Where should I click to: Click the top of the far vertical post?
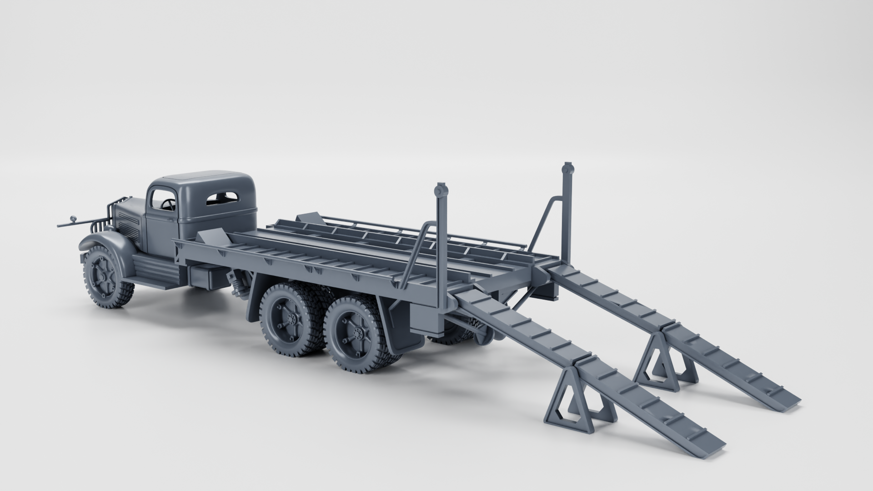(x=567, y=168)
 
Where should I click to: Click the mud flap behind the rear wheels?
(x=400, y=327)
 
